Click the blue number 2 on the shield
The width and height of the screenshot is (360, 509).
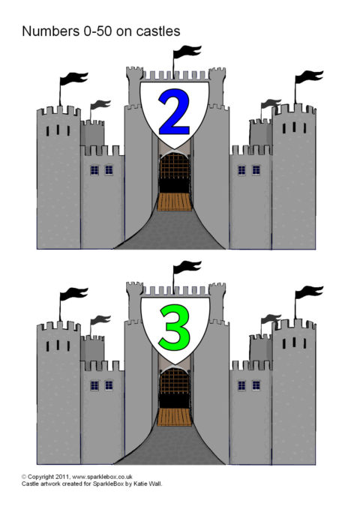pyautogui.click(x=174, y=112)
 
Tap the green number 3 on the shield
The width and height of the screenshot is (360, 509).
pyautogui.click(x=175, y=328)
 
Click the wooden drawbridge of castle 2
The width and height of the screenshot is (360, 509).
pyautogui.click(x=175, y=202)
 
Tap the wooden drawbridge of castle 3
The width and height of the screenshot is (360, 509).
pyautogui.click(x=175, y=417)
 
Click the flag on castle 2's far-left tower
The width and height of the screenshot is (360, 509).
pyautogui.click(x=73, y=79)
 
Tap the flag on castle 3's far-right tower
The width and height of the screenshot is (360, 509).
pyautogui.click(x=309, y=292)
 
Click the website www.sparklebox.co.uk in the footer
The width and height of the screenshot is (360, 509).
pyautogui.click(x=102, y=477)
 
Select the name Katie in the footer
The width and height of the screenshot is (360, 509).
pyautogui.click(x=140, y=484)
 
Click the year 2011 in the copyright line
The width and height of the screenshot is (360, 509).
pyautogui.click(x=62, y=477)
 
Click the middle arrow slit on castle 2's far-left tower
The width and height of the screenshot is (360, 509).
pyautogui.click(x=58, y=130)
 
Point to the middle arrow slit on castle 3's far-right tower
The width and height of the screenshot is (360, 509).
pyautogui.click(x=294, y=342)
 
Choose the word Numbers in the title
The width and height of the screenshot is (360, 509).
pyautogui.click(x=49, y=31)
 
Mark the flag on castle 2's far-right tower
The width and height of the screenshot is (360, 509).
pyautogui.click(x=309, y=77)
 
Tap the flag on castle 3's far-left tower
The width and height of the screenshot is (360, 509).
pyautogui.click(x=73, y=294)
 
